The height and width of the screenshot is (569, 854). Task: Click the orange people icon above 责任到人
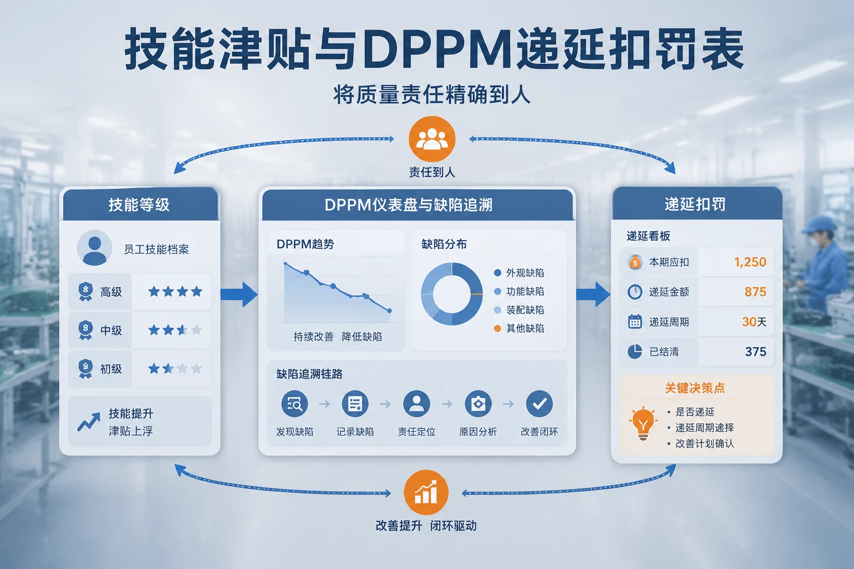coord(432,139)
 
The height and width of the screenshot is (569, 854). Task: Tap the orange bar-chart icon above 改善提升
coord(426,492)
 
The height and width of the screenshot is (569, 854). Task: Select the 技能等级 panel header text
coord(139,204)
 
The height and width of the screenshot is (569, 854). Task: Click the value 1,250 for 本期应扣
coord(750,262)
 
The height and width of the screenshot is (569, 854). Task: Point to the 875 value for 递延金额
coord(755,292)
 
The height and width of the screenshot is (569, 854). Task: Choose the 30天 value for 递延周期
coord(754,322)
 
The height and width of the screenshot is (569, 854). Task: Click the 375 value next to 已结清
coord(756,351)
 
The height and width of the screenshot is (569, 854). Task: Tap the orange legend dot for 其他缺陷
coord(497,328)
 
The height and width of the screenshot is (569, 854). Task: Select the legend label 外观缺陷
coord(525,273)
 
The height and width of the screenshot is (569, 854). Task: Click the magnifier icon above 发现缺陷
coord(294,403)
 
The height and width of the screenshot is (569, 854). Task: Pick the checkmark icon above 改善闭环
coord(539,403)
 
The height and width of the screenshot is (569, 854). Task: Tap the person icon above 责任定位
coord(416,403)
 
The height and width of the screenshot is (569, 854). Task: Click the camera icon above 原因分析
coord(478,403)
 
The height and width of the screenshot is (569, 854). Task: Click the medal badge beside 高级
coord(86,292)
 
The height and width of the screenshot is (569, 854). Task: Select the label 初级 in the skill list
coord(111,368)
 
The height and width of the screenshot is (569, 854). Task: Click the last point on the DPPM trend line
coord(389,311)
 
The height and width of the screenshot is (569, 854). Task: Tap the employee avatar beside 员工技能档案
coord(95,248)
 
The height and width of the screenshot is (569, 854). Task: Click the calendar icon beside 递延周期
coord(635,322)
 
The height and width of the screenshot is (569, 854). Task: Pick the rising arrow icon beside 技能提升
coord(89,422)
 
